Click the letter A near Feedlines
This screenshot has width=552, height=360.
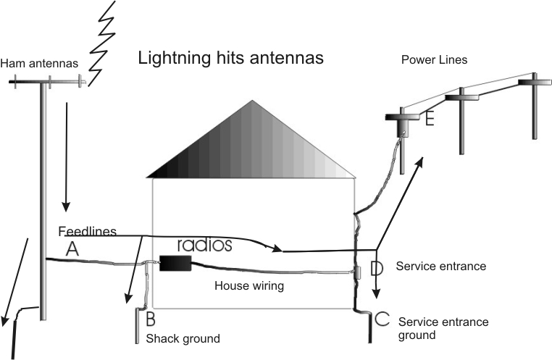coord(72,249)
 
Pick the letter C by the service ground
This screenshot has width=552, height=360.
coord(383,319)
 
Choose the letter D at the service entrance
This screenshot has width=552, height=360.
coord(376,269)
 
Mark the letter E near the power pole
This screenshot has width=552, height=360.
coord(430,118)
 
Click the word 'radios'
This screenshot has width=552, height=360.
coord(204,245)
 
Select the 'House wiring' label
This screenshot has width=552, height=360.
coord(248,285)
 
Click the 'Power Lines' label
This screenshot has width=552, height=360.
coord(434,60)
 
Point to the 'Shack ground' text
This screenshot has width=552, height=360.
coord(182,338)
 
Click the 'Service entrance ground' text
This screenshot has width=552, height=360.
coord(443,328)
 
